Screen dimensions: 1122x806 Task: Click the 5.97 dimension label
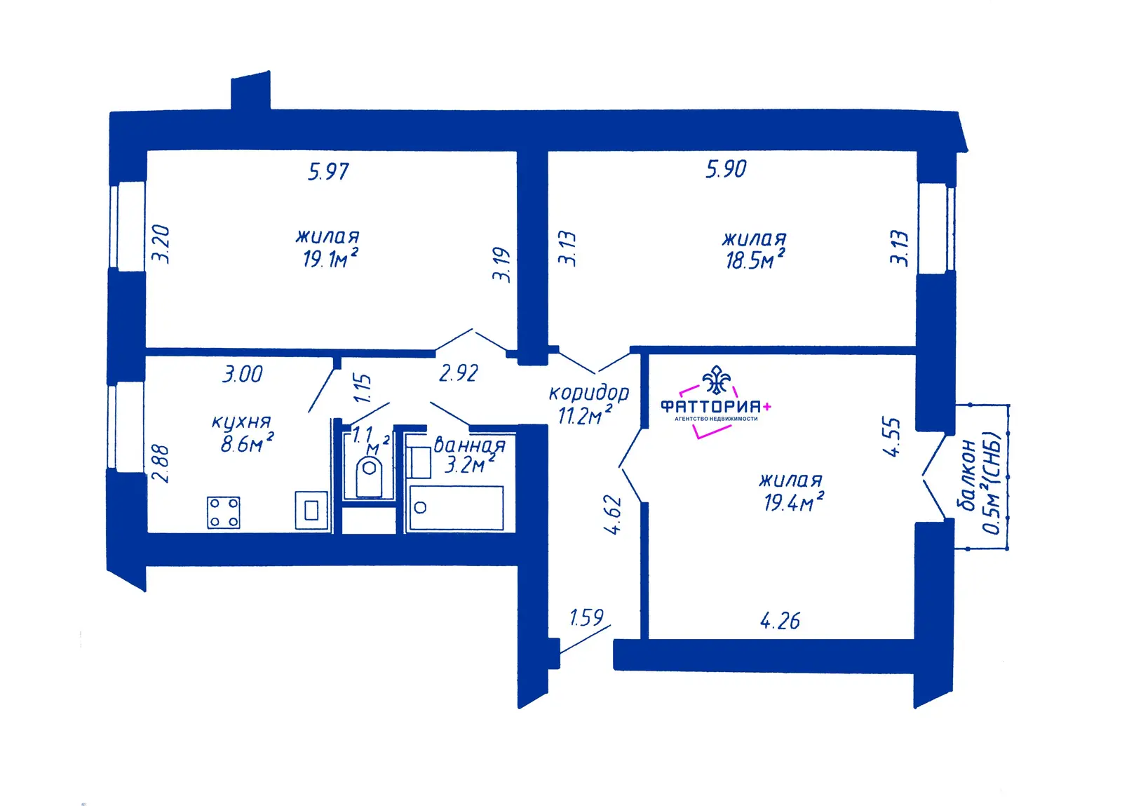(x=329, y=172)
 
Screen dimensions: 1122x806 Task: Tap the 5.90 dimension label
(x=726, y=169)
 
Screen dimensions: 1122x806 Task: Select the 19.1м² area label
(x=330, y=258)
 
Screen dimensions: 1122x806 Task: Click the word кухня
(x=241, y=422)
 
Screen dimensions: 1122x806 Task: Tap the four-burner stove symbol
(x=224, y=513)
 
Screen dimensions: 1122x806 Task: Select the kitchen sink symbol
(x=311, y=511)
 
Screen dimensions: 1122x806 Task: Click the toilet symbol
(x=369, y=478)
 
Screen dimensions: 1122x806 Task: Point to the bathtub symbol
(x=457, y=507)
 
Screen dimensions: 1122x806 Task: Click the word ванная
(x=469, y=445)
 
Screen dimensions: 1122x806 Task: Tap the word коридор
(x=588, y=394)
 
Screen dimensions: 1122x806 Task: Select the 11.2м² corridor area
(x=585, y=415)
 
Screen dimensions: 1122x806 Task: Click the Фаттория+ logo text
(x=716, y=406)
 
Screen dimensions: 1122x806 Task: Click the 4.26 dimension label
(x=780, y=621)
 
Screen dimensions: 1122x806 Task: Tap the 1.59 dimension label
(x=586, y=617)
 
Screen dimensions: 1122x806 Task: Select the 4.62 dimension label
(x=613, y=514)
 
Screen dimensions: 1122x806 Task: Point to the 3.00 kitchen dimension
(x=243, y=374)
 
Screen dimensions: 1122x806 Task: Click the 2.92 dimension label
(x=459, y=373)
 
